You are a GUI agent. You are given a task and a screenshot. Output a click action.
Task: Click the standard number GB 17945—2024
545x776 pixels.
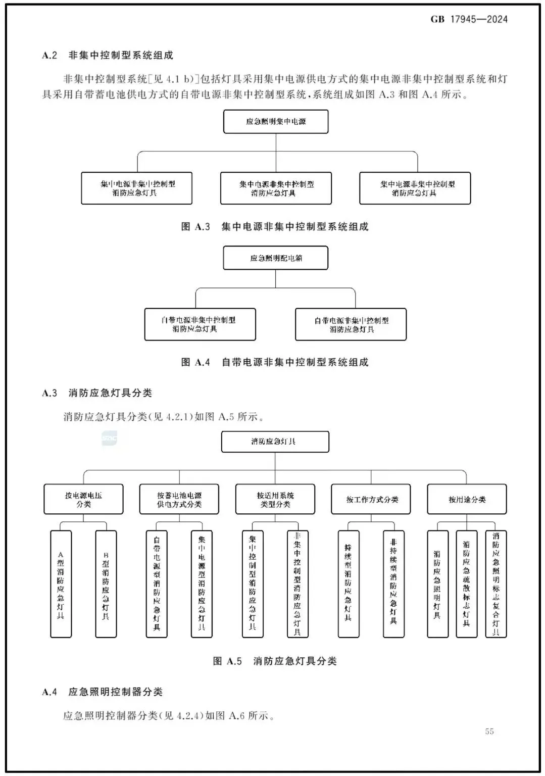click(x=469, y=20)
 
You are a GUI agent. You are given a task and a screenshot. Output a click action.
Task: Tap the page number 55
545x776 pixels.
click(x=489, y=731)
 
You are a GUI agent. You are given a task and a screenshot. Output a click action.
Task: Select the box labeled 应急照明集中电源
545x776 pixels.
click(x=276, y=122)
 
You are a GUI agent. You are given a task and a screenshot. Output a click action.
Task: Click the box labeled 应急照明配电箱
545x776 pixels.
click(x=276, y=258)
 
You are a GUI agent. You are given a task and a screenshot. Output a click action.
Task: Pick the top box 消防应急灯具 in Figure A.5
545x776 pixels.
click(x=275, y=442)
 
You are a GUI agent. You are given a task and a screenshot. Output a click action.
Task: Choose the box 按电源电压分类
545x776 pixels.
click(x=83, y=500)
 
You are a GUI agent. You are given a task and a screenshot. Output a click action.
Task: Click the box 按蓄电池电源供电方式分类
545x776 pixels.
click(x=179, y=500)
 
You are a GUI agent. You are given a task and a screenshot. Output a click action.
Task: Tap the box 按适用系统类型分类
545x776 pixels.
click(x=275, y=500)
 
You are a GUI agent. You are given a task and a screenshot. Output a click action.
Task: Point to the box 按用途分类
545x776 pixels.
click(x=467, y=500)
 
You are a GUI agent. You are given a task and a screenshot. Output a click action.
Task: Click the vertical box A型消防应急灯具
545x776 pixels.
click(x=61, y=584)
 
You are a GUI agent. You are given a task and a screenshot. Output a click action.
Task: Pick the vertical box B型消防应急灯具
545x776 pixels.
click(x=106, y=584)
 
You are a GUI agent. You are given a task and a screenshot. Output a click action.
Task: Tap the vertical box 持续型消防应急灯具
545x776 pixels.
click(x=348, y=584)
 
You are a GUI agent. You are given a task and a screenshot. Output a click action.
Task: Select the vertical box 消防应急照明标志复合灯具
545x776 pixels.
click(x=496, y=584)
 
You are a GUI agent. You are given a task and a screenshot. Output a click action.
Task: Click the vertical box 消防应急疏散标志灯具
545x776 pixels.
click(x=466, y=584)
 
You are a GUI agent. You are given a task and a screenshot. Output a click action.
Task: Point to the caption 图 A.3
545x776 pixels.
click(x=195, y=227)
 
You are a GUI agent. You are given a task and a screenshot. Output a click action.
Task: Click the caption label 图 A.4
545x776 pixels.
click(x=195, y=362)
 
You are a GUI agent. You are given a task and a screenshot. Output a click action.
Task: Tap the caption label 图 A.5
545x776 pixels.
click(x=227, y=661)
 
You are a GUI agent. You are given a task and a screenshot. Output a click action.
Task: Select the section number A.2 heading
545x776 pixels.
click(x=49, y=56)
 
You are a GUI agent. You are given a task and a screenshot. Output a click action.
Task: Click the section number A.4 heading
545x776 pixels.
click(x=49, y=692)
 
